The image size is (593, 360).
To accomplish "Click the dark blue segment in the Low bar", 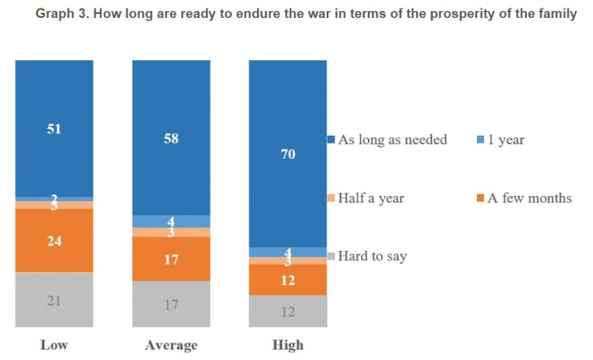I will [54, 129].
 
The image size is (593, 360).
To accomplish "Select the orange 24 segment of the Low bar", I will [54, 241].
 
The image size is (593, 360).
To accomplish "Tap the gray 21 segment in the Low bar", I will [54, 299].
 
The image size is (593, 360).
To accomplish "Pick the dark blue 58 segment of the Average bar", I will [170, 137].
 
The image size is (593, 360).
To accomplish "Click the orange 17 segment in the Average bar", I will [170, 258].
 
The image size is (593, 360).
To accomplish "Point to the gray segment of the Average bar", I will [170, 303].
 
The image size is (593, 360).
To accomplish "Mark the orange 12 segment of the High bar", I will [287, 279].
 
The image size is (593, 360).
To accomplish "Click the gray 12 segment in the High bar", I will [287, 310].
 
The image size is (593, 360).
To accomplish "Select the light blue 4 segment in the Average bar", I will [170, 221].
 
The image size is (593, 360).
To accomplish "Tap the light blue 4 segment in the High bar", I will [287, 252].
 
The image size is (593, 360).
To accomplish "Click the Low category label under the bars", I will [54, 345].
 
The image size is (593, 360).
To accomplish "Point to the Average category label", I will [170, 345].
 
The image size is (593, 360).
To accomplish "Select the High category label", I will [287, 345].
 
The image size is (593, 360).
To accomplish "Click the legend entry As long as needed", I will [392, 139].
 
